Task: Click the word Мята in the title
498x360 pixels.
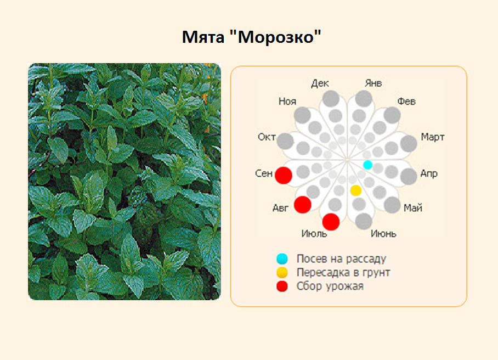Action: tap(203, 37)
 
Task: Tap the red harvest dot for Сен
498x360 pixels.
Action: tap(284, 175)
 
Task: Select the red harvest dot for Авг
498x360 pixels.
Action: tap(302, 205)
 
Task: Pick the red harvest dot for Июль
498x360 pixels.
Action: tap(331, 222)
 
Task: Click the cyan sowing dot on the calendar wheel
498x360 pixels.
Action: tap(368, 165)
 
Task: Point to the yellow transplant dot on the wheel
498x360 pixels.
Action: tap(356, 190)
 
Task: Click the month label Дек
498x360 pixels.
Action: tap(320, 83)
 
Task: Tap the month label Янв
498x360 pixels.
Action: tap(373, 83)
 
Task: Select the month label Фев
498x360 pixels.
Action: tap(406, 102)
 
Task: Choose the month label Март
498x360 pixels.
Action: tap(433, 137)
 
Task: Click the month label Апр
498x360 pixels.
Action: tap(429, 173)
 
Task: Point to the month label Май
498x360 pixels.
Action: tap(412, 208)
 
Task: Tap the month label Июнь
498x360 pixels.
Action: tap(383, 234)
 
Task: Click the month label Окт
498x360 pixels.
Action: tap(267, 137)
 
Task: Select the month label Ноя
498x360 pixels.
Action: tap(287, 102)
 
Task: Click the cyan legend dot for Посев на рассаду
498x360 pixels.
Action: tap(282, 259)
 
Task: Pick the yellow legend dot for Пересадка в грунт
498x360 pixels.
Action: tap(282, 273)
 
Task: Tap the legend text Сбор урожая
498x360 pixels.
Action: tap(330, 286)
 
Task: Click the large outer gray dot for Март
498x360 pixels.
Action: tap(409, 144)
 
